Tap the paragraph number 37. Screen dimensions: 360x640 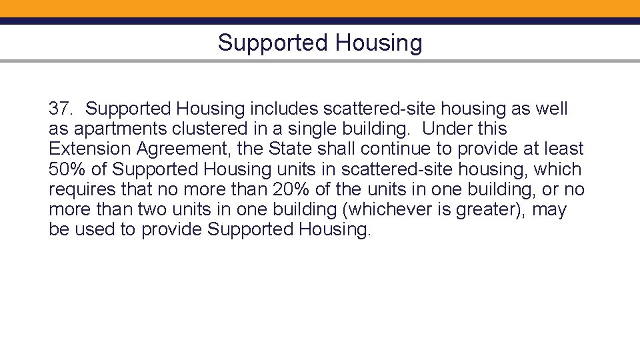[62, 108]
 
